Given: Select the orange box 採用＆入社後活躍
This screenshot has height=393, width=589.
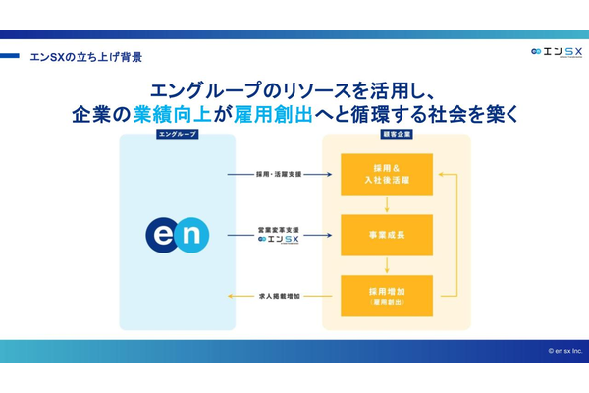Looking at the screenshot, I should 386,174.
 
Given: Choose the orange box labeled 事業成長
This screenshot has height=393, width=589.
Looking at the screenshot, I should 386,235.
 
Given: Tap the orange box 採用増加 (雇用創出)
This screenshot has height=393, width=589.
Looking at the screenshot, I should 386,296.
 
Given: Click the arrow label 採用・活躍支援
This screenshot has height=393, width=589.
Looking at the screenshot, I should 277,174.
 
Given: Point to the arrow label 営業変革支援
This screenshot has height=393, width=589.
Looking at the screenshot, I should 278,229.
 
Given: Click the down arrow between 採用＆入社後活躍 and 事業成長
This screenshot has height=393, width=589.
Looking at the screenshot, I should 386,204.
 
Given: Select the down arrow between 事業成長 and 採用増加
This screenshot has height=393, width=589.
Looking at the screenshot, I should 386,265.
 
